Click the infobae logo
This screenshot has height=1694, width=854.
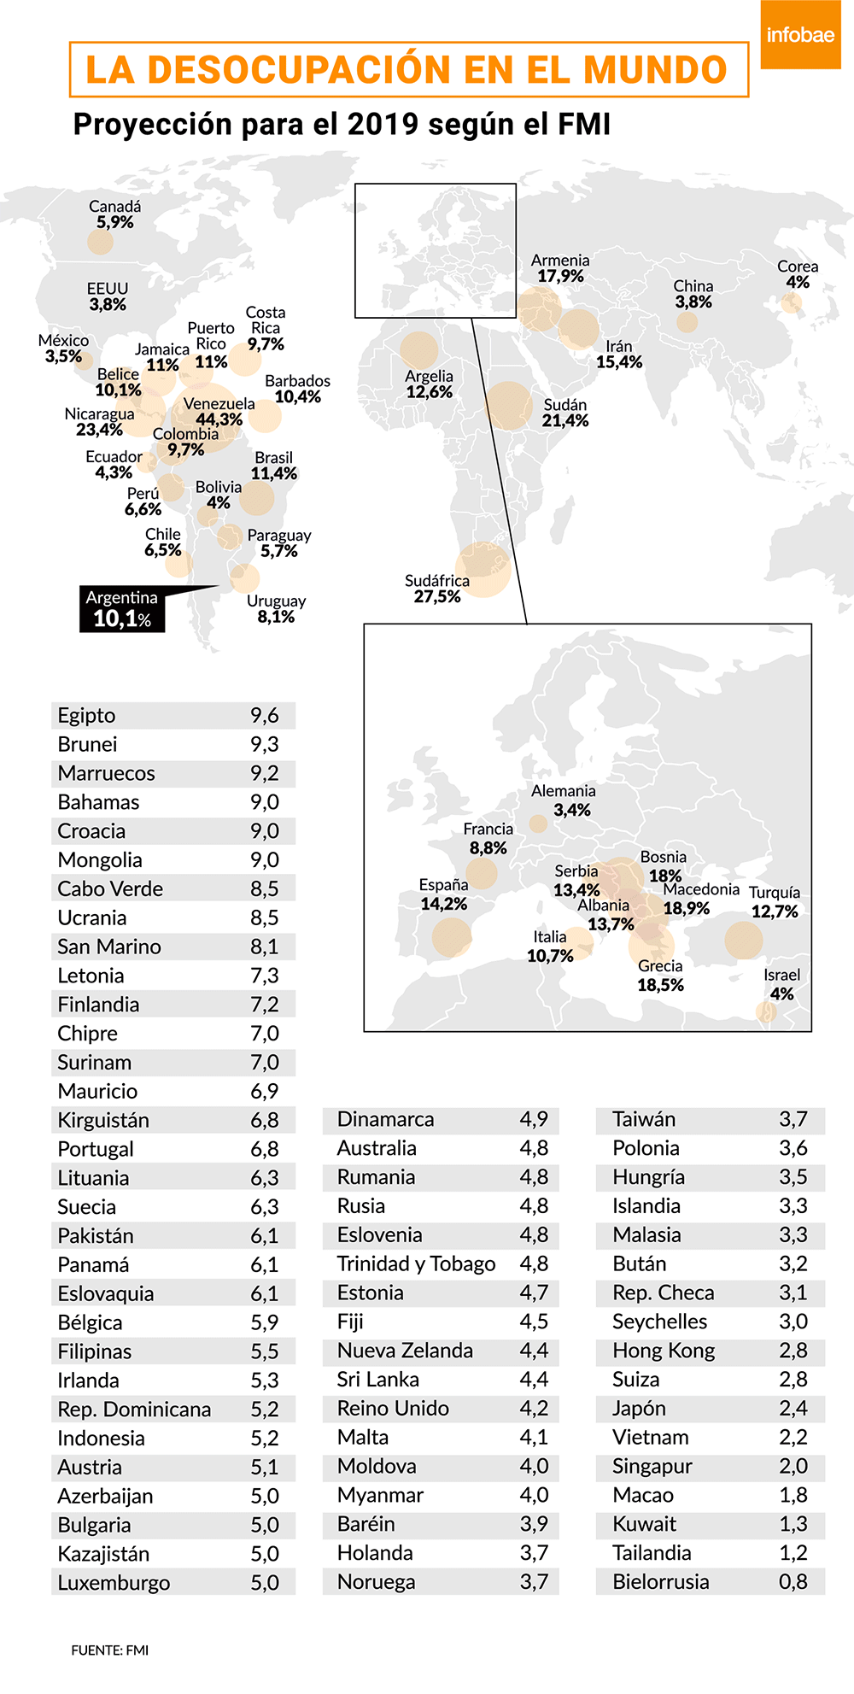point(800,35)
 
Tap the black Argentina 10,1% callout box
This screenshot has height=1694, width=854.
point(122,609)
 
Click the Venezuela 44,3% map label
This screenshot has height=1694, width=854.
point(219,412)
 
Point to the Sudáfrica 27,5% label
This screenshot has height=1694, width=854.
point(437,589)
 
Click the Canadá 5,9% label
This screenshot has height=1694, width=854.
point(115,214)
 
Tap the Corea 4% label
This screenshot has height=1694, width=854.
point(798,274)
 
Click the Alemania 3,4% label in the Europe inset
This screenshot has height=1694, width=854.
point(564,800)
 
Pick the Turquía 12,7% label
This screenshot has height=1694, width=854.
point(775,902)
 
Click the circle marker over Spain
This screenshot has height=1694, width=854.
point(451,937)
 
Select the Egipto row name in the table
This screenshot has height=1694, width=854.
point(86,716)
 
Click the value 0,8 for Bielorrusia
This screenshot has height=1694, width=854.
point(793,1581)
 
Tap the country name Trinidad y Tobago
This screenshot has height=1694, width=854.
point(416,1263)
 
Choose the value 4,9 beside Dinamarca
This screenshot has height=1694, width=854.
point(534,1119)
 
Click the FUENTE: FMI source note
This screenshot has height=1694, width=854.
point(109,1650)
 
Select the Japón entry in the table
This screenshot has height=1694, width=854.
point(639,1408)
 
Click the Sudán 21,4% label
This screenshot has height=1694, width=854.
point(565,413)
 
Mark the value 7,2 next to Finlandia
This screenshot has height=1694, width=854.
point(265,1005)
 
